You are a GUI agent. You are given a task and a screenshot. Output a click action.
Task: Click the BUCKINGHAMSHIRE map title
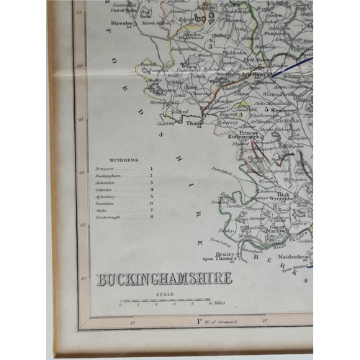(x=164, y=279)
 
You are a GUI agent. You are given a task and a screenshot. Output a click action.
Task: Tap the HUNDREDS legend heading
(x=113, y=161)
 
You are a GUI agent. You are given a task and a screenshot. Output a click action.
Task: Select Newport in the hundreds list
(x=104, y=168)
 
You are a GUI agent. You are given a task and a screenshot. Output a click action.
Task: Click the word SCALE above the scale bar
(x=164, y=294)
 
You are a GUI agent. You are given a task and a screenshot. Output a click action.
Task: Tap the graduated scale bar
(x=165, y=301)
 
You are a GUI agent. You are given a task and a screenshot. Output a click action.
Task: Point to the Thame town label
(x=194, y=123)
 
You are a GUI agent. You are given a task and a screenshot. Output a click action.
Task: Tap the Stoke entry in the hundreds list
(x=102, y=210)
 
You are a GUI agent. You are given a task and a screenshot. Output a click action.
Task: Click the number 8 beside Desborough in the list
(x=152, y=216)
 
